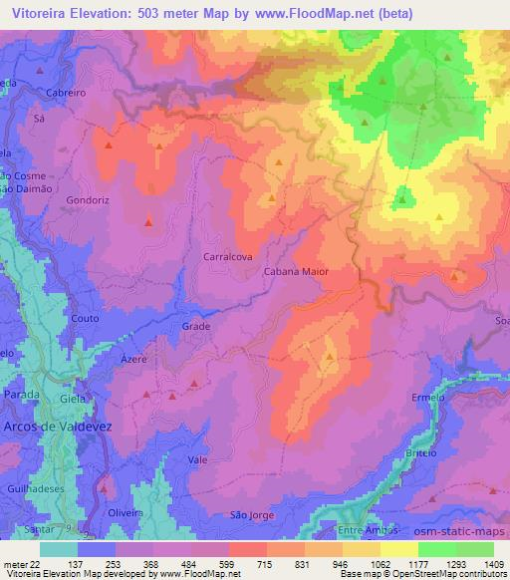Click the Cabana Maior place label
click(x=295, y=270)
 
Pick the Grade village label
click(x=195, y=326)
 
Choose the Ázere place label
click(x=132, y=358)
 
